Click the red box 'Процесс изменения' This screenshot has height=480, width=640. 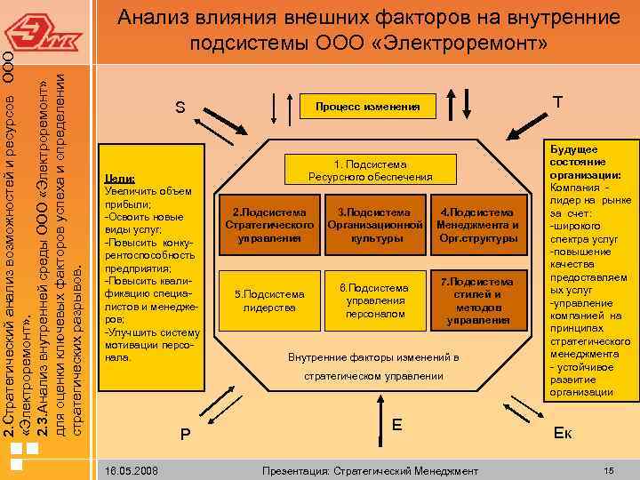tap(373, 107)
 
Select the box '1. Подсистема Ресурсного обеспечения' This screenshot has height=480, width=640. tap(370, 171)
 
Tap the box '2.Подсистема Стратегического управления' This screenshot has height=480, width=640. tap(269, 226)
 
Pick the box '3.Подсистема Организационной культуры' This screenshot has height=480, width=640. tap(373, 226)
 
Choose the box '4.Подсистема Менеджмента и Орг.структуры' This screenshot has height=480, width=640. tap(477, 226)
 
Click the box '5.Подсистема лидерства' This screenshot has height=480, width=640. tap(269, 300)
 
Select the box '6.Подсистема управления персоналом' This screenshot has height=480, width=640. tap(374, 300)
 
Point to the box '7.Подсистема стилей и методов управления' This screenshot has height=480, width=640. tap(477, 300)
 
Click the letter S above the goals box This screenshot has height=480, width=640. tap(180, 108)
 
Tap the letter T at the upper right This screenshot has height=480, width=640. tap(557, 103)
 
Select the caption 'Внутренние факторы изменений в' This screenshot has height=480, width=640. tap(373, 357)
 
